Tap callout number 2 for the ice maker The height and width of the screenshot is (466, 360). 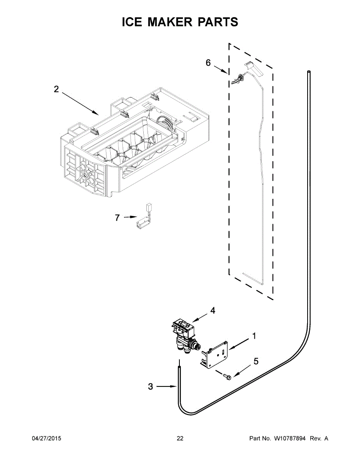point(56,89)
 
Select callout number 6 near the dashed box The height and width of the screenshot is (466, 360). point(208,63)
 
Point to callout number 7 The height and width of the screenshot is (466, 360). point(117,218)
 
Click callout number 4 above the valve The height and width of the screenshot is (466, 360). point(212,311)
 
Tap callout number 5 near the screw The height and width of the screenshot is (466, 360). point(256,361)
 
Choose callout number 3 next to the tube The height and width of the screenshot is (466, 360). point(151,386)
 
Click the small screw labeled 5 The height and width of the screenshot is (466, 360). point(226,376)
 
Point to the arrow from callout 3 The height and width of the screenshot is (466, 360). point(168,386)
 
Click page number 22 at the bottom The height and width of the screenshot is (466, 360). point(180,438)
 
